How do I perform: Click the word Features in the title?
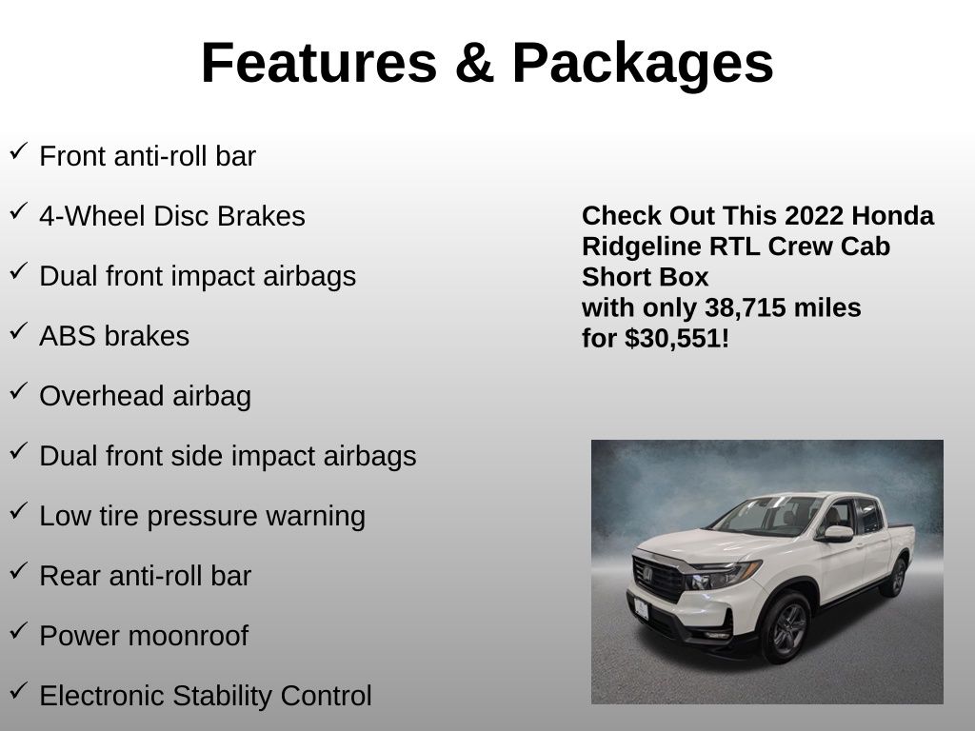(319, 63)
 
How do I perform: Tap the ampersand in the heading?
(474, 63)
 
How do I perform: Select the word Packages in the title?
(643, 66)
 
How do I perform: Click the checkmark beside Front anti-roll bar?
(18, 151)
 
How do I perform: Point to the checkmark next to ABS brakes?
(18, 330)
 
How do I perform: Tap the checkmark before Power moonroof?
(18, 630)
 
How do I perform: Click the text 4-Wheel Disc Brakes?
(172, 216)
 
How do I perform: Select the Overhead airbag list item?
(146, 397)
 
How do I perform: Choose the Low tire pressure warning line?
(202, 517)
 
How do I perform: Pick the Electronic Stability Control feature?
(206, 696)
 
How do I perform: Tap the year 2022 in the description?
(814, 216)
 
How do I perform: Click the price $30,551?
(677, 339)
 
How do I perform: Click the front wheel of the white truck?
(786, 627)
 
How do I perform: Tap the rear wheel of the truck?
(896, 577)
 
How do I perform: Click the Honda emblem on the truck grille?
(647, 574)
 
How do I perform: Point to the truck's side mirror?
(838, 533)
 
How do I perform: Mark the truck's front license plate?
(641, 608)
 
